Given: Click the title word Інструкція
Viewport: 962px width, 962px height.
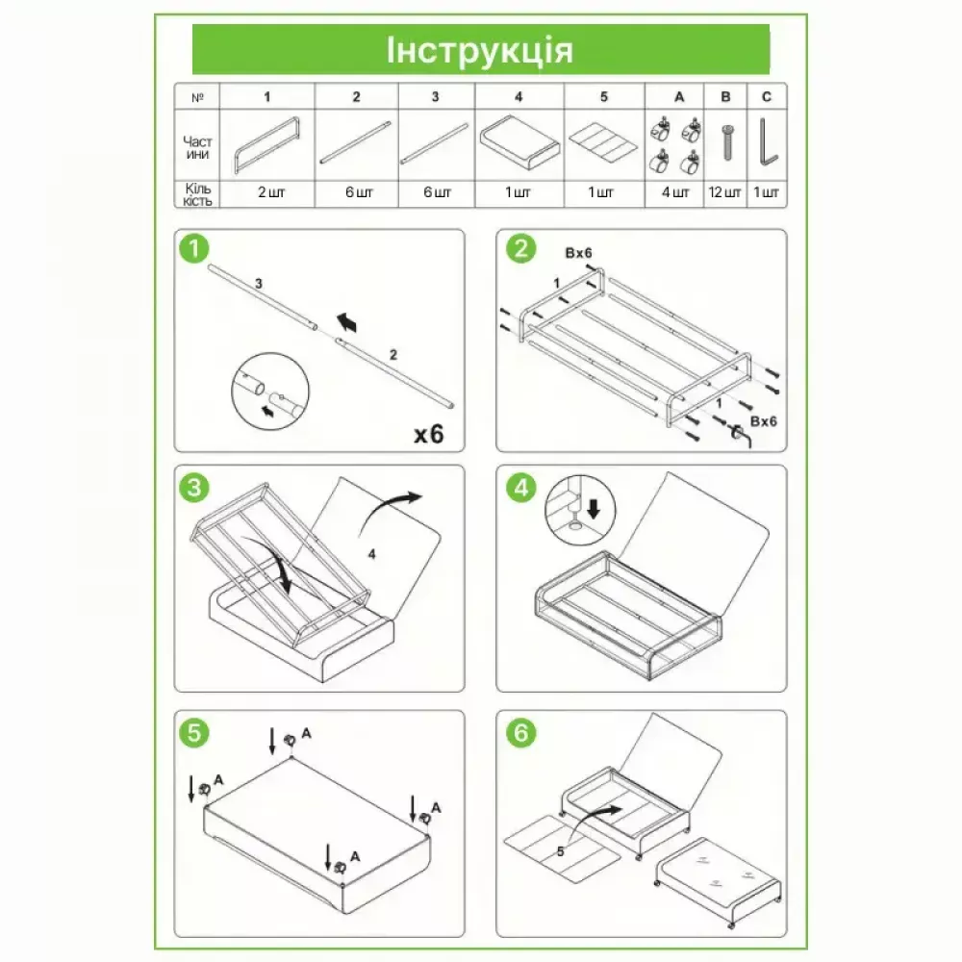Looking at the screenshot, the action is [x=480, y=50].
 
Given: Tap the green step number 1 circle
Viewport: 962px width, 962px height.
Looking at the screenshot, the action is [x=194, y=248].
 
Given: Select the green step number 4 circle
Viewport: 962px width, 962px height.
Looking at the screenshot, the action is [x=520, y=488].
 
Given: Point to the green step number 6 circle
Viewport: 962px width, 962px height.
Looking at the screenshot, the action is [x=520, y=732].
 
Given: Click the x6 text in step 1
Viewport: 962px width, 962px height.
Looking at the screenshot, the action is [x=428, y=435].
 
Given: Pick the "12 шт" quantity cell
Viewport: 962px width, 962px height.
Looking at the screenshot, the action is [x=724, y=192].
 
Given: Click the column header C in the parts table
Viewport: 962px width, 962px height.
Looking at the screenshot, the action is [x=767, y=97].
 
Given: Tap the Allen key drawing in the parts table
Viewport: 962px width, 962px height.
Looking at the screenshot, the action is [x=768, y=142].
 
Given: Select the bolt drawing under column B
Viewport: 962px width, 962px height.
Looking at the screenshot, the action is [x=727, y=142].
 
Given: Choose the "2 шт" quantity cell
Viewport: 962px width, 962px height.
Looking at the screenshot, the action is [x=271, y=192].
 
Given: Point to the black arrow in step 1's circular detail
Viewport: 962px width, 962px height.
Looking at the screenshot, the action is [x=266, y=411].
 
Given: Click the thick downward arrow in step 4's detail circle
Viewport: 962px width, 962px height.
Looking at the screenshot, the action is [x=594, y=508].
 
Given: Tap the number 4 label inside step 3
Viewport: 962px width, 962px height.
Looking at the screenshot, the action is [x=371, y=554].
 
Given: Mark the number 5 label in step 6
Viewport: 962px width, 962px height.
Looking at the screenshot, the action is [x=560, y=851].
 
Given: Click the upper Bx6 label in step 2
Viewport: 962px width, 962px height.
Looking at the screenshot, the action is [x=578, y=253].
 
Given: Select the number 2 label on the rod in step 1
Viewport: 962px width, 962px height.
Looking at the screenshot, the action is [x=393, y=355].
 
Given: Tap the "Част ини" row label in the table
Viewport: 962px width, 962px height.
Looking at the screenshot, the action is [x=197, y=148].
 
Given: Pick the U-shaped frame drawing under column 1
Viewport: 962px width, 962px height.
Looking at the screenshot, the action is [x=266, y=146].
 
